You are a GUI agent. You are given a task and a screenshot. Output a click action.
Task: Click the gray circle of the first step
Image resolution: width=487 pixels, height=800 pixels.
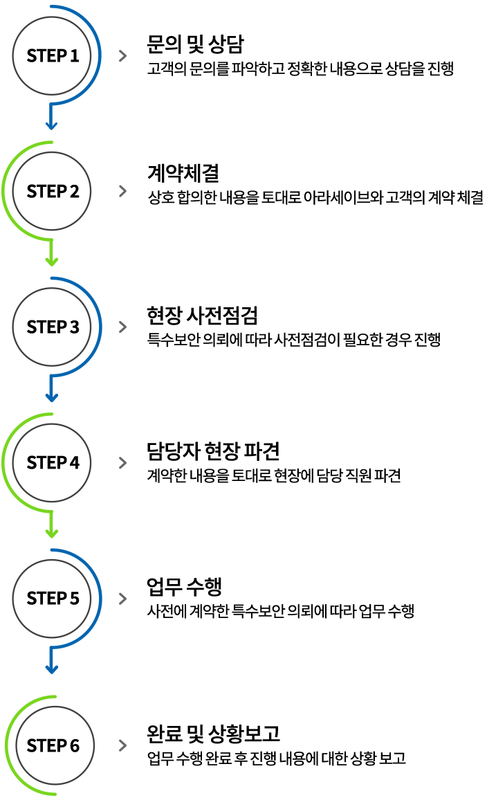pyautogui.click(x=52, y=55)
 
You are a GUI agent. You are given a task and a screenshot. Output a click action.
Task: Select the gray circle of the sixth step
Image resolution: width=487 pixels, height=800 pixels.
pyautogui.click(x=55, y=745)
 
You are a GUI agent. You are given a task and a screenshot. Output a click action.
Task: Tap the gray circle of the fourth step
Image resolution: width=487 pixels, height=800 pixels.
pyautogui.click(x=52, y=462)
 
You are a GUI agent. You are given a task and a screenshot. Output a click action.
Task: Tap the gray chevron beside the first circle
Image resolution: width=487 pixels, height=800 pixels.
pyautogui.click(x=123, y=56)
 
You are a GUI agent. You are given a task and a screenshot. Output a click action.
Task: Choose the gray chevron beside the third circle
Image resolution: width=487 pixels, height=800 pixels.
pyautogui.click(x=123, y=327)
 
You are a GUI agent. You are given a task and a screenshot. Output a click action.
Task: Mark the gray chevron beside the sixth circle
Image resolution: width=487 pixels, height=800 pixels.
pyautogui.click(x=123, y=745)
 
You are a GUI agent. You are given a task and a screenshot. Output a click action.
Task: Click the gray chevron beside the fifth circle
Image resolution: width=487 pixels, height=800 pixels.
pyautogui.click(x=123, y=599)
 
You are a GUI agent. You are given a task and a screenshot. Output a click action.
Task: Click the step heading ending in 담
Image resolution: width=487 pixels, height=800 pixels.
pyautogui.click(x=194, y=44)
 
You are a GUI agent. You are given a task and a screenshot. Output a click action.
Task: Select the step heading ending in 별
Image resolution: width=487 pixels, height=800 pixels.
pyautogui.click(x=183, y=173)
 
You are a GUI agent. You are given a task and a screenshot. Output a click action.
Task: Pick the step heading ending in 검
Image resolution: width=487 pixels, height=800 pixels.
pyautogui.click(x=201, y=316)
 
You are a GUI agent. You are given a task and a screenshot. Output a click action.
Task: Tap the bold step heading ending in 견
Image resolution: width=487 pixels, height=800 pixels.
pyautogui.click(x=212, y=451)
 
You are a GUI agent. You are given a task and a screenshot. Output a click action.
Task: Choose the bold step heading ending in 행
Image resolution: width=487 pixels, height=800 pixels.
pyautogui.click(x=184, y=587)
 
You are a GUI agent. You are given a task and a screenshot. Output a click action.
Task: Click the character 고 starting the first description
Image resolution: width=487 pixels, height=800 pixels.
pyautogui.click(x=152, y=69)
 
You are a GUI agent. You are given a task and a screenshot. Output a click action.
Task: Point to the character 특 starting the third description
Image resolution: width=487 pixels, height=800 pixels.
pyautogui.click(x=152, y=340)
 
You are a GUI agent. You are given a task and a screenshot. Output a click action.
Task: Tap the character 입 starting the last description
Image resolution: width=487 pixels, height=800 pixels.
pyautogui.click(x=153, y=758)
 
